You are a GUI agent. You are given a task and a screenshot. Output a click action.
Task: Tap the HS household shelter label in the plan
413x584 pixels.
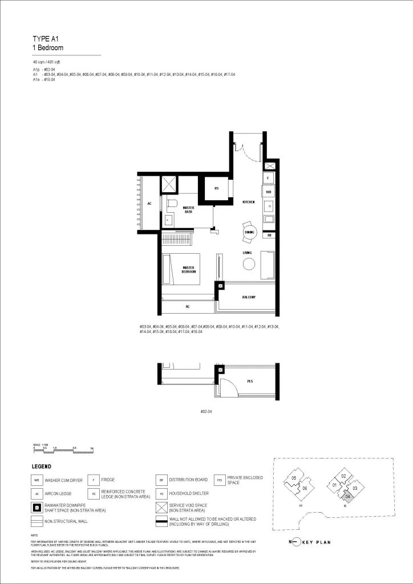217,189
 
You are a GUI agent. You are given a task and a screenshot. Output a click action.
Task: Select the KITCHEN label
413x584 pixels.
248,202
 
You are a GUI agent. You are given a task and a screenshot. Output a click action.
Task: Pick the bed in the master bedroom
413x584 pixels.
181,269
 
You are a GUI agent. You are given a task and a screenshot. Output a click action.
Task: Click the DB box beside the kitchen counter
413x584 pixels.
269,235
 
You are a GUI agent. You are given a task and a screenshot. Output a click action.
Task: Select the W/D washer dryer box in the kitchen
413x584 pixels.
269,192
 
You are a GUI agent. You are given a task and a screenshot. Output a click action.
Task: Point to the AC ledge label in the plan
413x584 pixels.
149,203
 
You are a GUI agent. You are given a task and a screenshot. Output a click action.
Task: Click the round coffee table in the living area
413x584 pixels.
249,263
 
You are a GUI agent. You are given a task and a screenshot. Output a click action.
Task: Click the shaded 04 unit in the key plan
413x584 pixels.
348,497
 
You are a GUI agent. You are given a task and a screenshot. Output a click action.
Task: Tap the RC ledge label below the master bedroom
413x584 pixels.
187,307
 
